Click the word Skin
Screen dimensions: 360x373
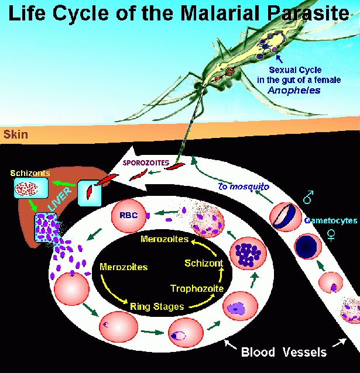pos(15,134)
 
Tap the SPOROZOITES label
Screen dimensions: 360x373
pos(146,163)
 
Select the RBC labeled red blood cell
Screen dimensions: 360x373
pos(129,216)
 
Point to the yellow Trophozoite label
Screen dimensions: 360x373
pos(197,288)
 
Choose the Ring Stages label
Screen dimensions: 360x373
pos(157,306)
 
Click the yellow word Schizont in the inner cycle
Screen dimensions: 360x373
pos(204,263)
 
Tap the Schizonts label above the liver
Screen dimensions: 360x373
pos(30,173)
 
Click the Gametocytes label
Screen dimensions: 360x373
pos(331,220)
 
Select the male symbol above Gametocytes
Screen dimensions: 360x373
pos(308,197)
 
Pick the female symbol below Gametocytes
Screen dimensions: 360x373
pos(331,235)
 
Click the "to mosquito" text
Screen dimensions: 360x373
pos(244,186)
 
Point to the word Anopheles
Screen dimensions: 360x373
pos(294,91)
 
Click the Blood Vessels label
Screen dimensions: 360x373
pos(284,352)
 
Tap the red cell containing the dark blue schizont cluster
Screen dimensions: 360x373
pos(248,253)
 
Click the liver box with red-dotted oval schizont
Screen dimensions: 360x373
pos(31,188)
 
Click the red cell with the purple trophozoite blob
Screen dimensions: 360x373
pos(241,306)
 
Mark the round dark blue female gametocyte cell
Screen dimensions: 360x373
pos(308,247)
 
